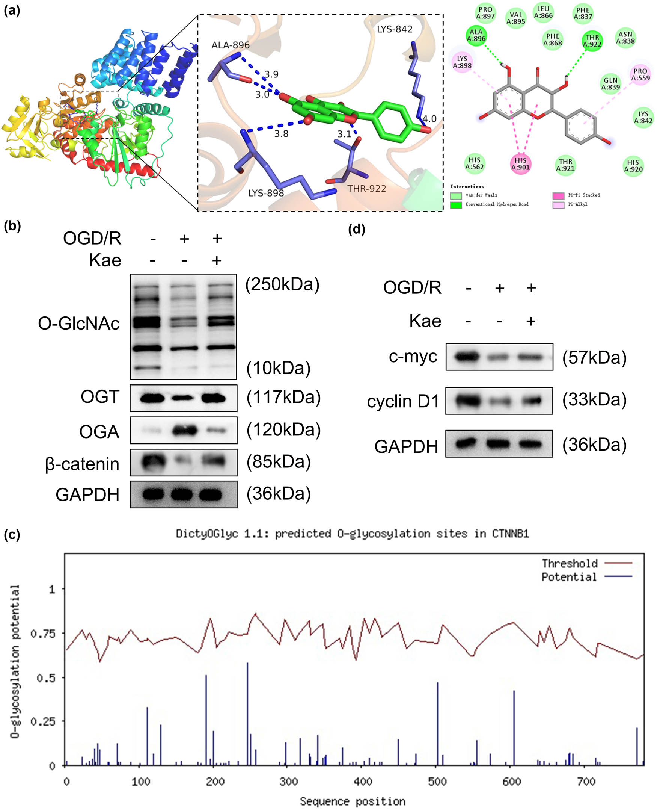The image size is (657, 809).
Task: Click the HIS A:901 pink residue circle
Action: [x=520, y=163]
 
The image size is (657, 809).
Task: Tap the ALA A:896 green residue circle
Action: [x=476, y=35]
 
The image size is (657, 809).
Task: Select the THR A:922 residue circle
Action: [x=592, y=41]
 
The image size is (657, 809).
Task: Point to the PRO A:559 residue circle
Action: [x=640, y=74]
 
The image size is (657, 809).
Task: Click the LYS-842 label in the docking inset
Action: [x=394, y=29]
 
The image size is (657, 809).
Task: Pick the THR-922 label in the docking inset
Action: [x=367, y=189]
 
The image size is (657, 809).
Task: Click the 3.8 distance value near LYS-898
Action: [x=281, y=134]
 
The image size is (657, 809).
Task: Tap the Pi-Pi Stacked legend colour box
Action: [x=558, y=195]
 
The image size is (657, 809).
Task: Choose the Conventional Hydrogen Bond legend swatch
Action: [x=456, y=205]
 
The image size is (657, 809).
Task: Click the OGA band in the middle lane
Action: [x=184, y=430]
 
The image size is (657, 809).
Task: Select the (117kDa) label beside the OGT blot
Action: [x=283, y=397]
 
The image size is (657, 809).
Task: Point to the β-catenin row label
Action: [x=82, y=464]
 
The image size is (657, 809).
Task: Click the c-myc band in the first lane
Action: [x=467, y=357]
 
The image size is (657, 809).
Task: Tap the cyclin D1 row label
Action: [x=403, y=401]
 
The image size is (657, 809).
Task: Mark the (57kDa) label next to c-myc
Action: [x=595, y=358]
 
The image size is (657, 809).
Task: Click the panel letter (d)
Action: [x=357, y=229]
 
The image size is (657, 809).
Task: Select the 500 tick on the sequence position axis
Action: [x=437, y=782]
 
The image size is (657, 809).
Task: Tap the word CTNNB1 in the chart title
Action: [x=510, y=534]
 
